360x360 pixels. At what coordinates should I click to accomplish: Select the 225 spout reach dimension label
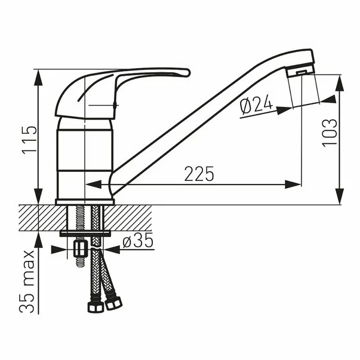click(199, 174)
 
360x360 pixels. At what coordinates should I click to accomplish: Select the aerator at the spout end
click(300, 72)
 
